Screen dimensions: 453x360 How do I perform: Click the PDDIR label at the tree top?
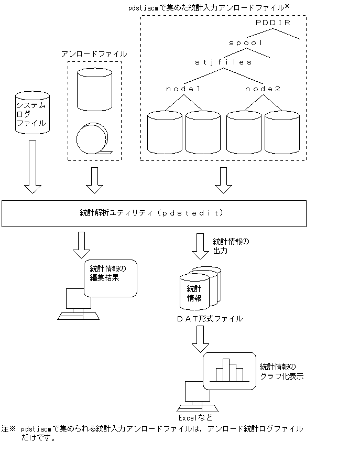pyautogui.click(x=273, y=23)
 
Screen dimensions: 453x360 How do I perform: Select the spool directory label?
pyautogui.click(x=246, y=42)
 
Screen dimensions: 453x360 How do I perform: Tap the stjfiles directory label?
pyautogui.click(x=224, y=62)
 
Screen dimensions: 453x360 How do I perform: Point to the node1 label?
pyautogui.click(x=183, y=89)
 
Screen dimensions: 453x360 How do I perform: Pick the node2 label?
pyautogui.click(x=263, y=89)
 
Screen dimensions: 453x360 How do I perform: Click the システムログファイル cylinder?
pyautogui.click(x=32, y=113)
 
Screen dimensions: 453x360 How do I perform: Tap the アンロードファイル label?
pyautogui.click(x=94, y=54)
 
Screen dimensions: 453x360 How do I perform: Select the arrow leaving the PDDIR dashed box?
pyautogui.click(x=224, y=180)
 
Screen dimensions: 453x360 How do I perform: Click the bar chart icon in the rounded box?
pyautogui.click(x=228, y=370)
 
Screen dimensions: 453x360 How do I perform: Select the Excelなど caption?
pyautogui.click(x=195, y=418)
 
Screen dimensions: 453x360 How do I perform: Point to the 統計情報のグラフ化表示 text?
pyautogui.click(x=281, y=371)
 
